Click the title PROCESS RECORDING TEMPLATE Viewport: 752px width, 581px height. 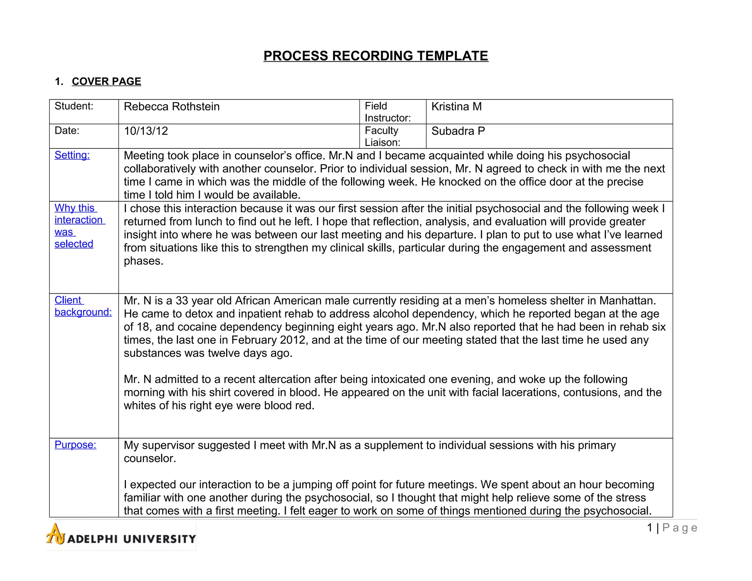point(376,56)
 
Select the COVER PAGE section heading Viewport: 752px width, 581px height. point(106,81)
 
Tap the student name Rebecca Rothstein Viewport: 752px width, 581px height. point(171,107)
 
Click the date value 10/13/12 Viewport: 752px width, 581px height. point(146,131)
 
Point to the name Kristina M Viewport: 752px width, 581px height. point(456,107)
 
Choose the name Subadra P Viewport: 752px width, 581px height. point(458,131)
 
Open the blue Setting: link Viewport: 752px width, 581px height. point(72,155)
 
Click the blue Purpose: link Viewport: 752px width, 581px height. point(75,445)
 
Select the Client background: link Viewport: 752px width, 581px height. point(83,306)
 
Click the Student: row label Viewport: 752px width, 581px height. point(74,106)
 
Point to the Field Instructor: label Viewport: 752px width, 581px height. point(387,112)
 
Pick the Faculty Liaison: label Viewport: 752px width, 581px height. point(382,136)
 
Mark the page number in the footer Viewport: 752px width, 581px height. point(672,528)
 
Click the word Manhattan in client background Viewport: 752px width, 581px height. point(627,301)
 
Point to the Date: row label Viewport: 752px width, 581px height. point(67,131)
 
